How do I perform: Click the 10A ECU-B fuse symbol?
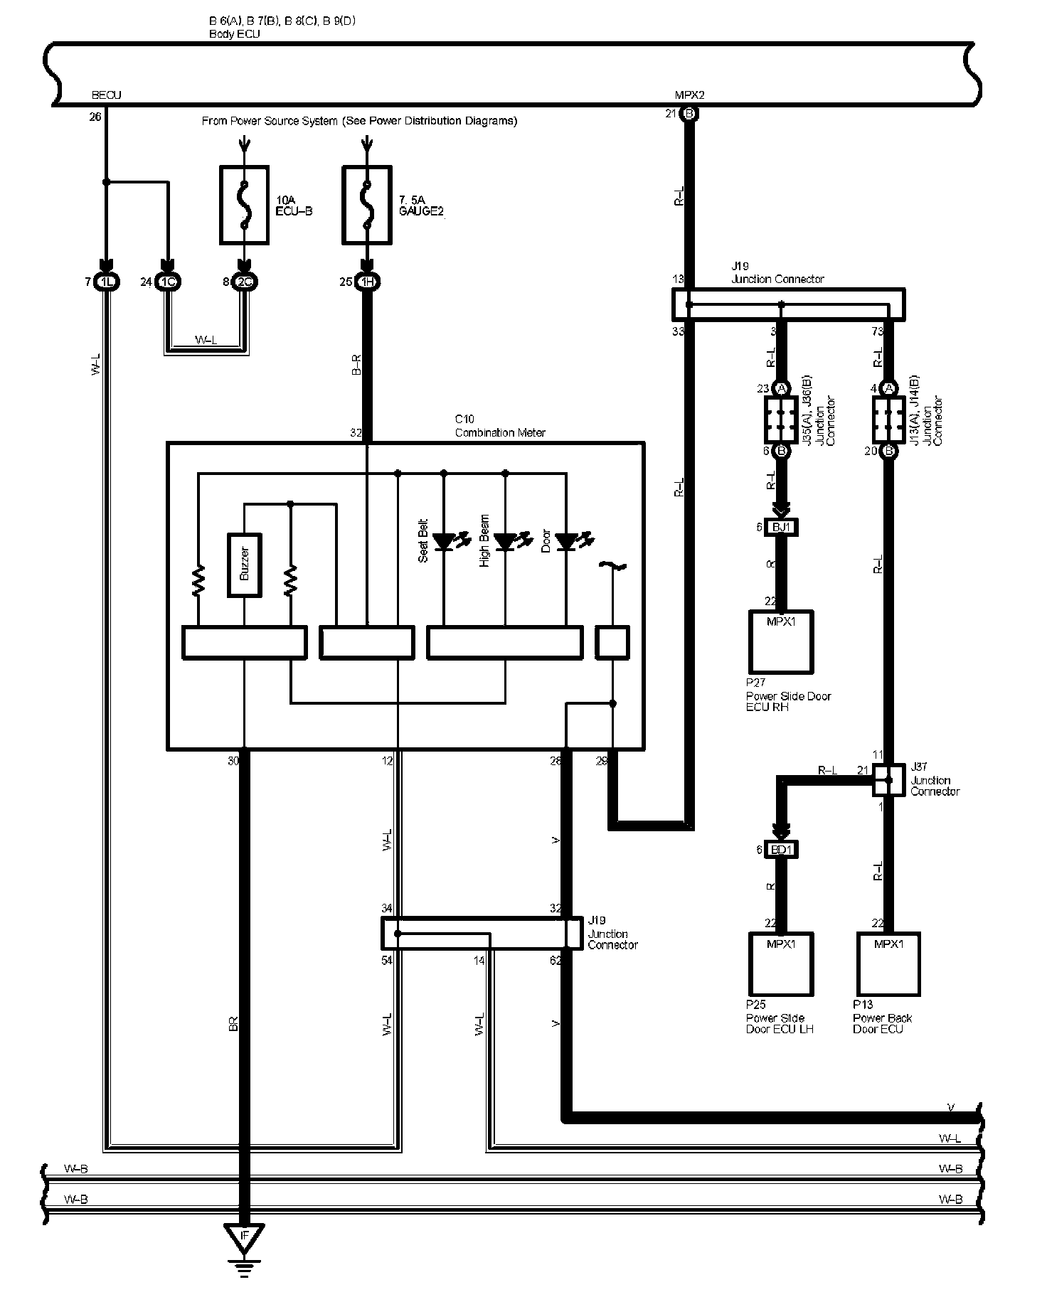click(245, 206)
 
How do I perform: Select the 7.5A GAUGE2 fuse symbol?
click(367, 206)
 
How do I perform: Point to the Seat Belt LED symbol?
click(445, 543)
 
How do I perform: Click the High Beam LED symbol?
click(506, 543)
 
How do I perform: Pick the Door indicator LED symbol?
click(567, 543)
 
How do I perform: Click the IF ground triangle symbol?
click(244, 1237)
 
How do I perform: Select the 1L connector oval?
click(107, 282)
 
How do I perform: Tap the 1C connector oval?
click(169, 282)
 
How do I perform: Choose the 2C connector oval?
click(245, 282)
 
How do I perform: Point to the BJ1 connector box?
click(781, 528)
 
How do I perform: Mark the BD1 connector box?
click(781, 849)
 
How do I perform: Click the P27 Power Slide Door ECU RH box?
click(781, 641)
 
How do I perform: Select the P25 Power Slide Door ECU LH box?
click(781, 964)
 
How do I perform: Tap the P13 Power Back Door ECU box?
click(888, 964)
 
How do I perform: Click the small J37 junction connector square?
click(888, 779)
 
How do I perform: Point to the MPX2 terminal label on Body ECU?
click(689, 95)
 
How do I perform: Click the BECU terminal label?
click(107, 95)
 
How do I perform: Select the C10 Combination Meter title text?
click(500, 426)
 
